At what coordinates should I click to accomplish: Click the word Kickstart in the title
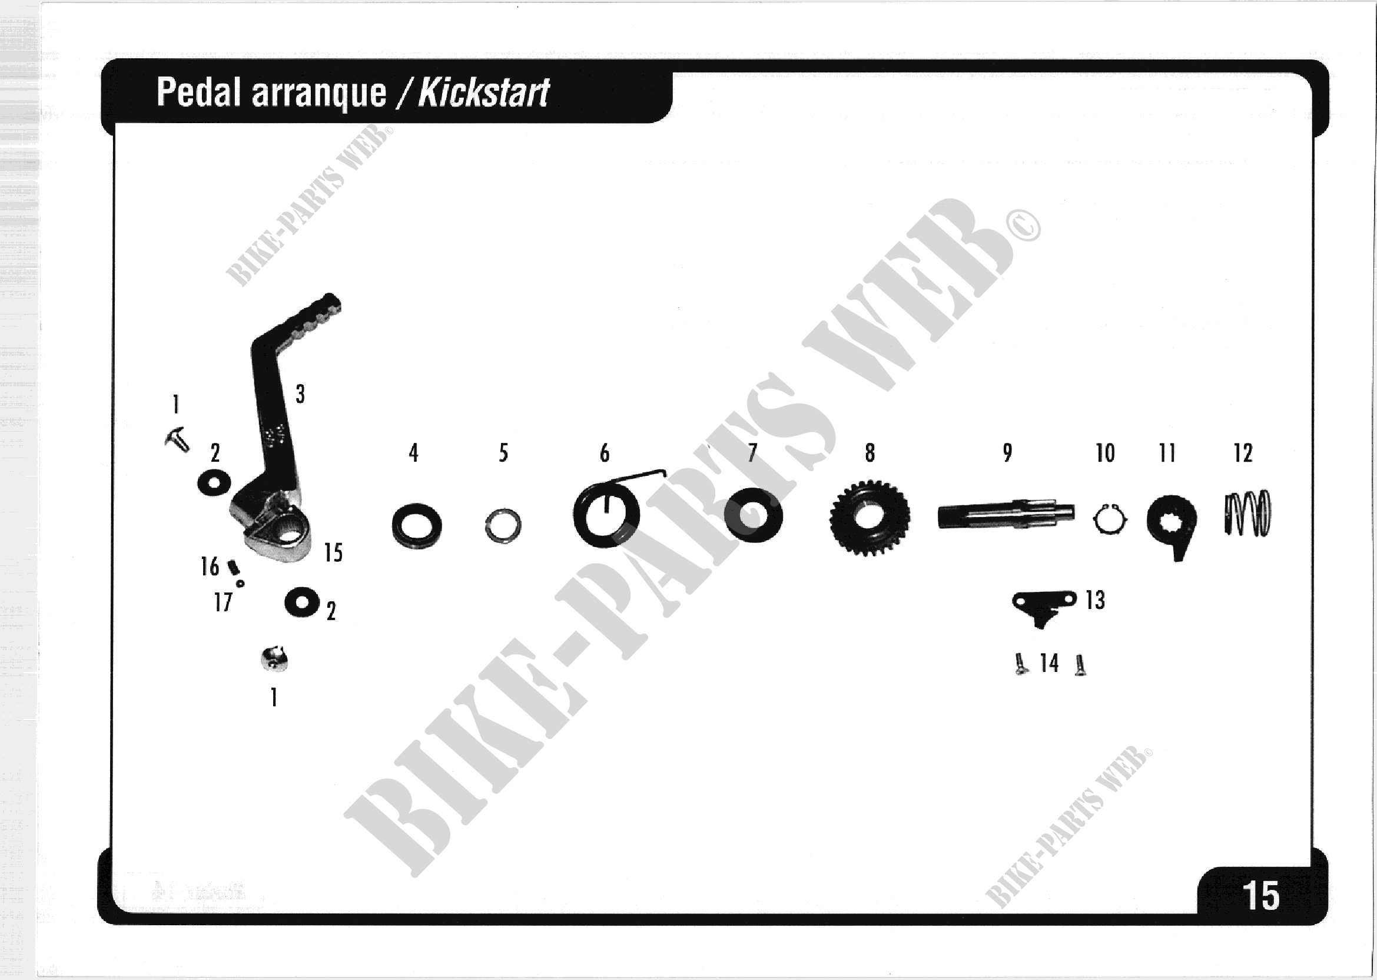pos(483,93)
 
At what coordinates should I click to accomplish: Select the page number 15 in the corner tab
pos(1260,896)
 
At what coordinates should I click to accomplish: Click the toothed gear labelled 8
pos(869,518)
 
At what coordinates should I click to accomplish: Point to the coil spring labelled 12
pos(1247,514)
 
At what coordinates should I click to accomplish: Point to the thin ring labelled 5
pos(503,525)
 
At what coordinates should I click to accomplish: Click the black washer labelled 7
pos(754,515)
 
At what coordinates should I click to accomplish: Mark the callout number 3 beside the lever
pos(300,394)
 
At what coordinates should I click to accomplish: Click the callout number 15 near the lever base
pos(333,553)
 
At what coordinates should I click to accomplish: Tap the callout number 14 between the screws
pos(1049,663)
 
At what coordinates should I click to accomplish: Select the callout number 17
pos(223,602)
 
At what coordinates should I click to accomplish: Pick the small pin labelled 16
pos(233,567)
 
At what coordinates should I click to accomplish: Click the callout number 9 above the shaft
pos(1007,452)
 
